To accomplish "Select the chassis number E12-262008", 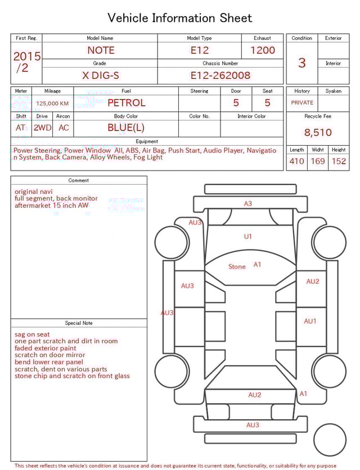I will click(x=220, y=75).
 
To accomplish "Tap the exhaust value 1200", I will click(x=263, y=50).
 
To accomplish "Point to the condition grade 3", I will click(x=301, y=62).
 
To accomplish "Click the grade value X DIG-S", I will click(x=100, y=75).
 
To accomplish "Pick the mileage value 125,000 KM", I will click(x=52, y=104).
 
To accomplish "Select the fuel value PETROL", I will click(x=126, y=103).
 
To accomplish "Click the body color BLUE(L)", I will click(x=126, y=128).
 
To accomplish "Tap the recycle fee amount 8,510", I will click(x=318, y=133).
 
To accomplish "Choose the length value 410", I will click(x=296, y=162).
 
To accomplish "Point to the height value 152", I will click(x=339, y=162).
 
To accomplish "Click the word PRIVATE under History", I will click(x=302, y=103).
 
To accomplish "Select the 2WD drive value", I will click(x=42, y=128).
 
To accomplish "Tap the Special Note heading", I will click(x=79, y=323).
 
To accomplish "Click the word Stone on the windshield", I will click(x=237, y=267).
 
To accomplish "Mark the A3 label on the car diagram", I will click(x=247, y=204).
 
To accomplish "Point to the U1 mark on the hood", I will click(x=247, y=236).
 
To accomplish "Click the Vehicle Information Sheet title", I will click(x=180, y=18).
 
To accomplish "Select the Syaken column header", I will click(x=333, y=91).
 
